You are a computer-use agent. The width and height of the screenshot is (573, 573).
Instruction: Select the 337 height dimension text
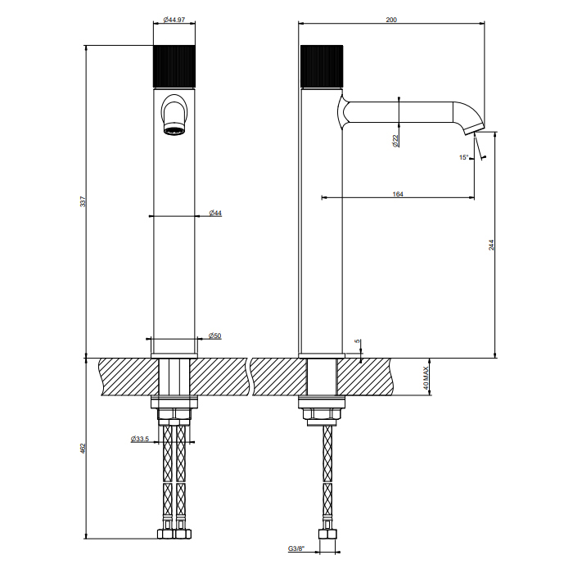(x=82, y=201)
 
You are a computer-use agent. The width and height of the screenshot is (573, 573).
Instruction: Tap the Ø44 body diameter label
(x=214, y=214)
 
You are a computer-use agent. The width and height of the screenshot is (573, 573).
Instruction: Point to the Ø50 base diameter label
(x=214, y=336)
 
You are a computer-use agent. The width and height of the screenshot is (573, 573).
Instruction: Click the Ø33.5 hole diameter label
(x=139, y=440)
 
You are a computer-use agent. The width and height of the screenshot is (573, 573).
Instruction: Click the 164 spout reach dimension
(x=398, y=194)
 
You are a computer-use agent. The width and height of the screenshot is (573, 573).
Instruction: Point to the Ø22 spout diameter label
(x=395, y=140)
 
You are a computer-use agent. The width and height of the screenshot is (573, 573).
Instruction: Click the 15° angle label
(x=464, y=157)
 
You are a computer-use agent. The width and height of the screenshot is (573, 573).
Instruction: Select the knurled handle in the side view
(x=321, y=66)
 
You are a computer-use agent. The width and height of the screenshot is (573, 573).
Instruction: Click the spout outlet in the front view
(x=174, y=129)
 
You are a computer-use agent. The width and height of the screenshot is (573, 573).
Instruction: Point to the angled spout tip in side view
(x=474, y=128)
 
